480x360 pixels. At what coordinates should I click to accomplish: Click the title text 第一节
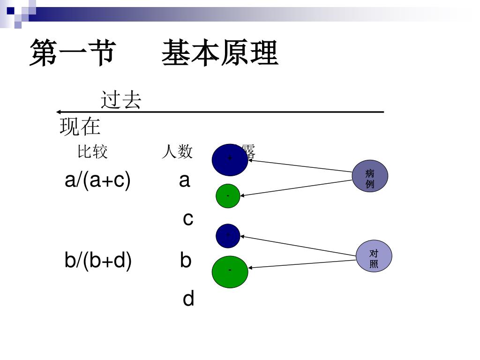(x=72, y=53)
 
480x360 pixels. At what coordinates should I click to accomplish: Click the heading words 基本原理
(x=220, y=53)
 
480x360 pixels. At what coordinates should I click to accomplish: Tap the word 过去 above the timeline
(x=121, y=100)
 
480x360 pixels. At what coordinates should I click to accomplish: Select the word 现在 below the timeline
(x=80, y=127)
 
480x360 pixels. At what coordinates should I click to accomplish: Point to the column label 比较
(x=92, y=151)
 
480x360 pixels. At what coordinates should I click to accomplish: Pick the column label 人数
(x=177, y=151)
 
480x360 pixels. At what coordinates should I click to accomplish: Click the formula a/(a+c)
(x=97, y=180)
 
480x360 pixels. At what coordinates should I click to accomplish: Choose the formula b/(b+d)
(x=98, y=261)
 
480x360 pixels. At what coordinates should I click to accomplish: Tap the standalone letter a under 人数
(x=184, y=180)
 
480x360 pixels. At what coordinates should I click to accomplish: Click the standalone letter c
(x=187, y=218)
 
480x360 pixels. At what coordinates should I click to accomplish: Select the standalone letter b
(x=186, y=261)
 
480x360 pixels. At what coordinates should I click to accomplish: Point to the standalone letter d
(x=188, y=299)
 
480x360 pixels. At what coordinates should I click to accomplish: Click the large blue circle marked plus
(x=230, y=159)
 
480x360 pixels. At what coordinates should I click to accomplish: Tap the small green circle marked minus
(x=228, y=196)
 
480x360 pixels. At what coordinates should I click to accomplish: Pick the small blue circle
(x=228, y=236)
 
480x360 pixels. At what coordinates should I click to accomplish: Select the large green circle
(x=230, y=271)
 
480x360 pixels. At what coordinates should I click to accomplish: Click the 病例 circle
(x=370, y=177)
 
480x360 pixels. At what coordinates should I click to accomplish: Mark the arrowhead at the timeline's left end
(x=59, y=112)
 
